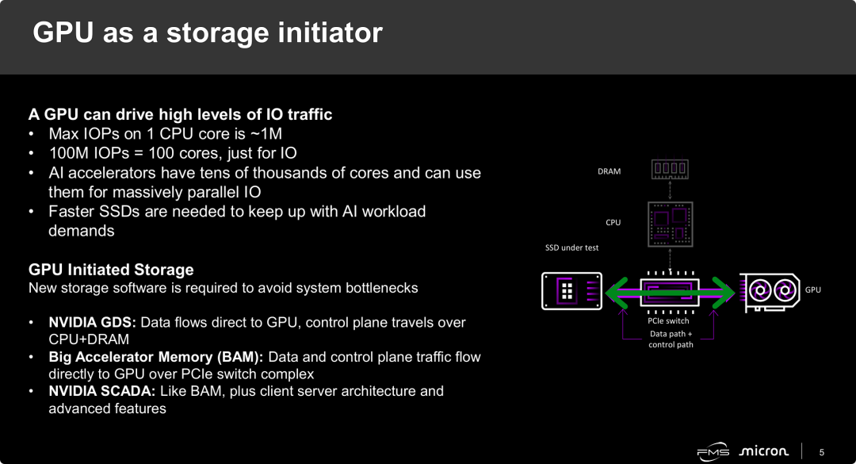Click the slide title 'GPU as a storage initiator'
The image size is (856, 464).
click(208, 33)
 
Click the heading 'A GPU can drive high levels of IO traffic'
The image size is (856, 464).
click(180, 114)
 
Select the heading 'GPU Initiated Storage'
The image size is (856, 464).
click(111, 270)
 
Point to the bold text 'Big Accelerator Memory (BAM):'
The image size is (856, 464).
click(156, 357)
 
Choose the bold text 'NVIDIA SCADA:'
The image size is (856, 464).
click(102, 391)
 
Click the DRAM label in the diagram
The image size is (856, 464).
click(609, 171)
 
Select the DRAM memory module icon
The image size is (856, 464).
click(670, 169)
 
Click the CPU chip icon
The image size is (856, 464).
click(670, 221)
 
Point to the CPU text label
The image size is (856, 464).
click(613, 223)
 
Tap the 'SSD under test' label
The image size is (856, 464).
click(571, 248)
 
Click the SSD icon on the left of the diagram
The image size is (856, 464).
click(571, 291)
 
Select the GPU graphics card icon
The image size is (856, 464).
click(770, 291)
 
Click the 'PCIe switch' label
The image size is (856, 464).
click(668, 321)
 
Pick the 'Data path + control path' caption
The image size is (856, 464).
click(671, 339)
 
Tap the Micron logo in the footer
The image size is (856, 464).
click(763, 451)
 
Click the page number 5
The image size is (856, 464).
click(822, 452)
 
